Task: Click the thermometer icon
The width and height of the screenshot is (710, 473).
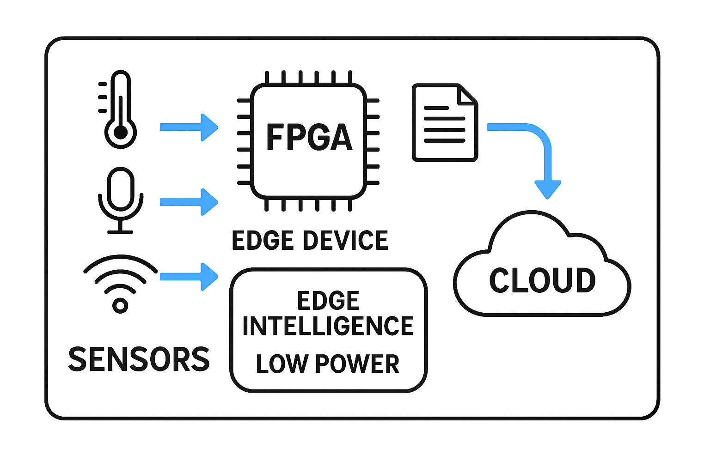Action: pos(120,109)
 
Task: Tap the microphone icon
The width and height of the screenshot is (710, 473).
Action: pos(121,199)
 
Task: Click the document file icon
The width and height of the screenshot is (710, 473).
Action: pos(445,123)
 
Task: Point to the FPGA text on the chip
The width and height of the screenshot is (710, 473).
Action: pos(309,137)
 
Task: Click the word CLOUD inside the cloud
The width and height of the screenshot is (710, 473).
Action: pos(542,280)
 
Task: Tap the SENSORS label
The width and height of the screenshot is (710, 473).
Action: pos(139,359)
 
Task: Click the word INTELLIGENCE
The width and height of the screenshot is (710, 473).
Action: pos(328,326)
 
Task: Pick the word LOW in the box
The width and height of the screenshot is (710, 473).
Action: pos(282,364)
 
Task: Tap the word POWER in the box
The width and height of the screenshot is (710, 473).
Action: pos(357,364)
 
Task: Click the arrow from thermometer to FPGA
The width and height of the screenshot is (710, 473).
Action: pos(188,127)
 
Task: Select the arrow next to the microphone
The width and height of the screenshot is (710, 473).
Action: pos(188,202)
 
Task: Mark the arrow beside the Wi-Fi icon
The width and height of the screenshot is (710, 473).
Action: pos(188,277)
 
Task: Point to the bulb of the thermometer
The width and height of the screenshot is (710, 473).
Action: pos(120,133)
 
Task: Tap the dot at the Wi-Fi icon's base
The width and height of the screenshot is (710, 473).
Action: pos(120,305)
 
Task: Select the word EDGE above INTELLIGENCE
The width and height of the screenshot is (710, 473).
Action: pos(328,301)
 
